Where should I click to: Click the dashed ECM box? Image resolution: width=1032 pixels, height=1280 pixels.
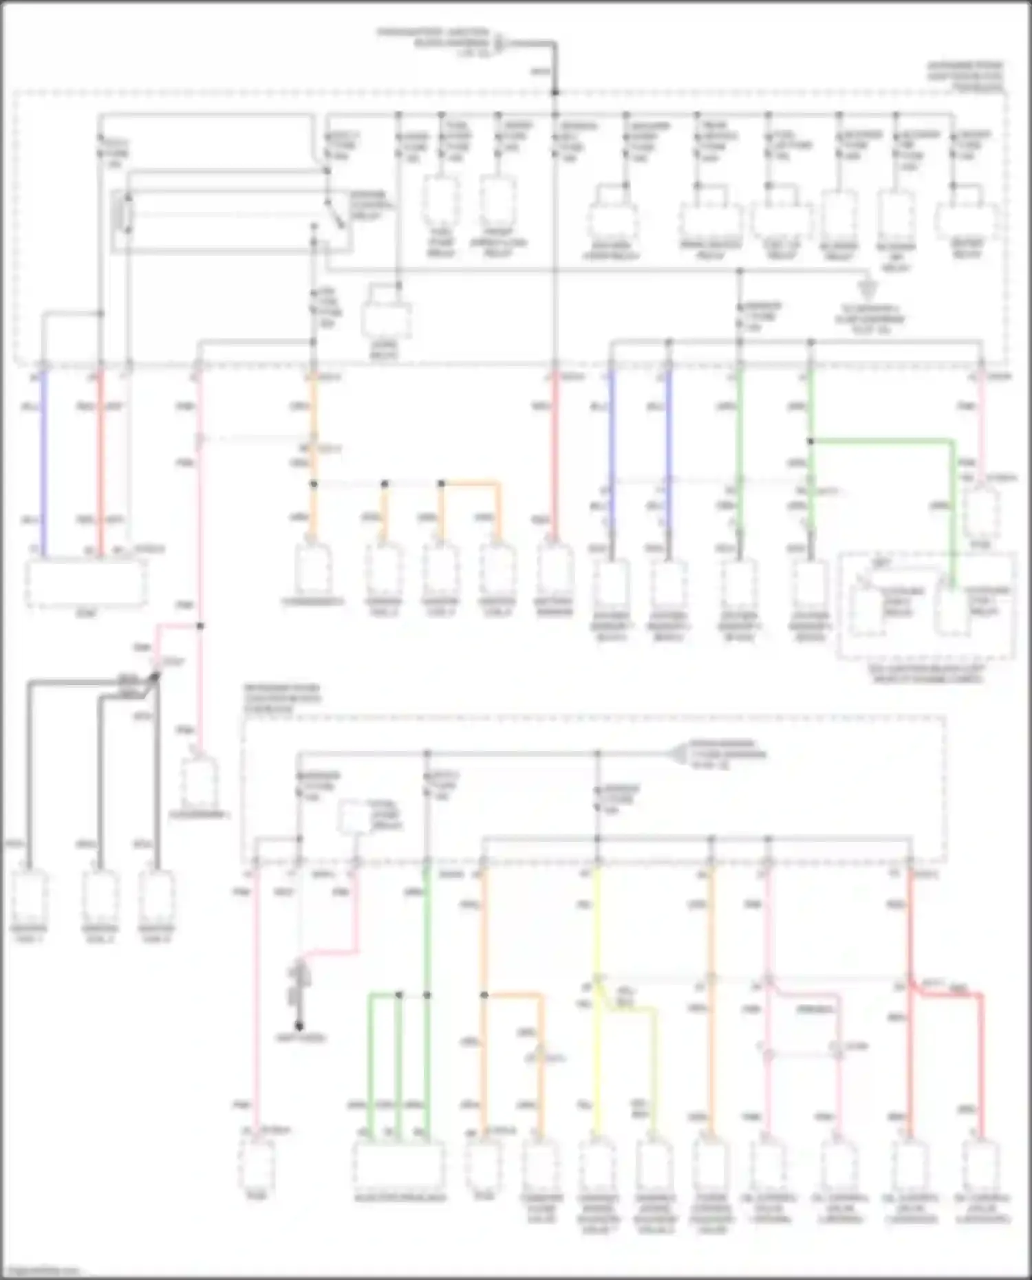click(85, 584)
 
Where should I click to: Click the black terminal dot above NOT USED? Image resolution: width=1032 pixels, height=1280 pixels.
click(300, 1024)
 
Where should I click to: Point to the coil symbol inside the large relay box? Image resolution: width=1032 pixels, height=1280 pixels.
click(127, 213)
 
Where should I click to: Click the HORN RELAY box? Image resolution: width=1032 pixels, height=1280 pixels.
click(386, 320)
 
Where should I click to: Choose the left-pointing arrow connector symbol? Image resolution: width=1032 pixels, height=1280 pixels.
click(678, 754)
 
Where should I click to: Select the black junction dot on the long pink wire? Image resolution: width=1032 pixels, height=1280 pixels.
click(200, 626)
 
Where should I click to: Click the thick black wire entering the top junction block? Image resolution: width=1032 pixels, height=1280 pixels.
click(554, 65)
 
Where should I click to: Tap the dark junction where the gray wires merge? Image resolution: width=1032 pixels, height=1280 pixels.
click(155, 678)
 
